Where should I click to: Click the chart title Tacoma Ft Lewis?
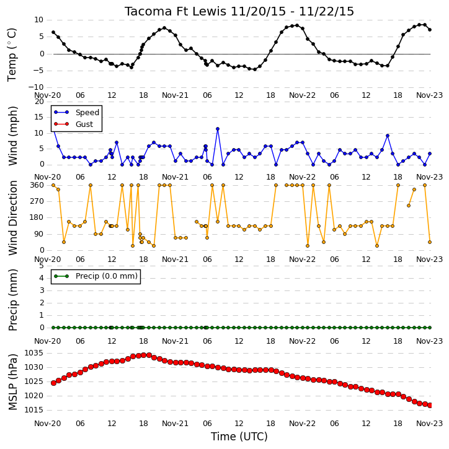pos(176,11)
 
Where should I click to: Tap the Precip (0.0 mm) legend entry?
pos(96,276)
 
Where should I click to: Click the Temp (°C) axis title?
pos(12,54)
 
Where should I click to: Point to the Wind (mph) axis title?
pos(12,136)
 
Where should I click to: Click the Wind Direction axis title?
pos(12,217)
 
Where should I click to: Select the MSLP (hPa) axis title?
pos(12,382)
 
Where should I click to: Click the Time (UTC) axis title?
pos(239,437)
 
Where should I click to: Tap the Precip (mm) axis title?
pos(12,300)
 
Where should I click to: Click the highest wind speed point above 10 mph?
pos(218,129)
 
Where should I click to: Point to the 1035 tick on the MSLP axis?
pos(34,353)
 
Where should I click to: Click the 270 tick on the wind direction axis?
pos(37,201)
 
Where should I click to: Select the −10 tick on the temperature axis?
pos(36,87)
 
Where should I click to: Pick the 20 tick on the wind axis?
pos(39,102)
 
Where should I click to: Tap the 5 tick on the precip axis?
pos(42,266)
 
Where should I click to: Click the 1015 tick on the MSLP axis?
pos(34,410)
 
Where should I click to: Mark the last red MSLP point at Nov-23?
pos(430,405)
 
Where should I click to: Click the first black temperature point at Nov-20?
pos(53,32)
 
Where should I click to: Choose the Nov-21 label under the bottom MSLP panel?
pos(175,423)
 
